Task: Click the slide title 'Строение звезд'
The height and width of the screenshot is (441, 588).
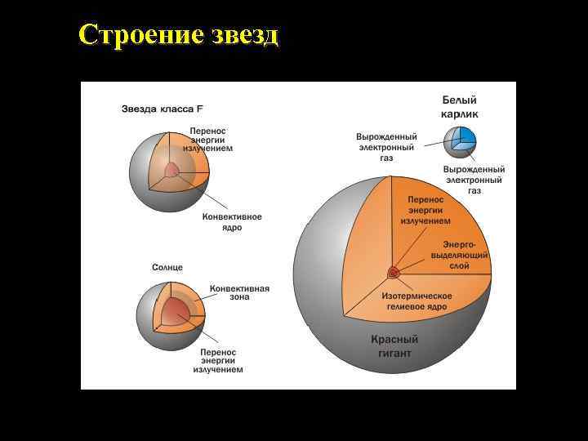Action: [x=179, y=35]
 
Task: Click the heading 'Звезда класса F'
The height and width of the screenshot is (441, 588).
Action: [x=163, y=109]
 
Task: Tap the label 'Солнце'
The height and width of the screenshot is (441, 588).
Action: [x=167, y=267]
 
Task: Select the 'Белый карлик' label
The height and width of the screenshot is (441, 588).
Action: [x=460, y=106]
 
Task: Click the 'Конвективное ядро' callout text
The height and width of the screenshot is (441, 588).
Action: [x=232, y=222]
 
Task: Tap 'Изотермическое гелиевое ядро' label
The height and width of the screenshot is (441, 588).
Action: [x=416, y=300]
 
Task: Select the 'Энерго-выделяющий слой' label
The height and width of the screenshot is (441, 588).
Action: [x=465, y=255]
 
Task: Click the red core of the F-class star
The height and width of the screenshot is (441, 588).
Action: [x=172, y=171]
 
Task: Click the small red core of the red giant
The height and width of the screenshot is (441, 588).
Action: [x=394, y=272]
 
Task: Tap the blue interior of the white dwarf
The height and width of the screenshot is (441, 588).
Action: [x=465, y=136]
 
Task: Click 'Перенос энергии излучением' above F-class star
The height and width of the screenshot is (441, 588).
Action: [x=207, y=140]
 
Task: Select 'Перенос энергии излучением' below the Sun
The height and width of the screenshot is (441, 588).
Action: [x=218, y=359]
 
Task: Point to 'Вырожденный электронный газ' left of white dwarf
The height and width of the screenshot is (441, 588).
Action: [x=386, y=147]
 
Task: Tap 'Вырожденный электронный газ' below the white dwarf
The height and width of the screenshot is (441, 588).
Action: [x=474, y=179]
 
